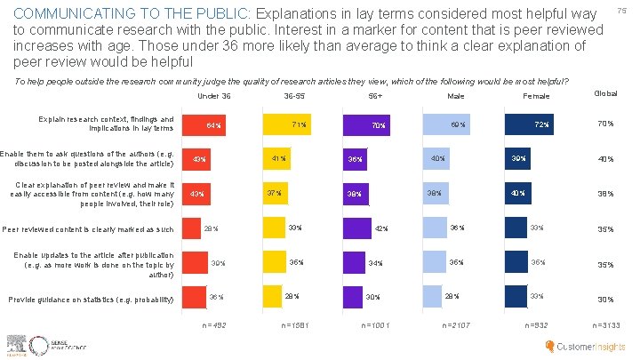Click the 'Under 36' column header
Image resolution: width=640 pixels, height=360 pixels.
tap(213, 95)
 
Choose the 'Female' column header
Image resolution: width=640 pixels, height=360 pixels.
tap(537, 96)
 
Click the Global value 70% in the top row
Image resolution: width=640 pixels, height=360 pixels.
tap(606, 124)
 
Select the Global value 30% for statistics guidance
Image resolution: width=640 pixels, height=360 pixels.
tap(606, 299)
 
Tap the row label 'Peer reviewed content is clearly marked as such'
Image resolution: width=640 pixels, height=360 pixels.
tap(88, 229)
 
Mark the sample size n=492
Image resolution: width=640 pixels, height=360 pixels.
tap(213, 325)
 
